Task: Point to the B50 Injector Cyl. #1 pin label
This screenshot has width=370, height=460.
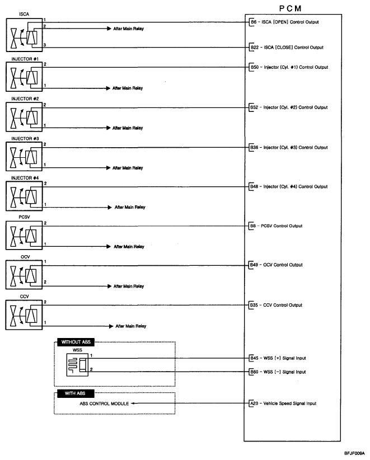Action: click(x=289, y=67)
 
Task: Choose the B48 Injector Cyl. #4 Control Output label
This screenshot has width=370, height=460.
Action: click(x=289, y=186)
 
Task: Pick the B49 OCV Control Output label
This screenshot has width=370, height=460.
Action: click(x=276, y=265)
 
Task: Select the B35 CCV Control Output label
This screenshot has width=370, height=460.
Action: click(x=276, y=306)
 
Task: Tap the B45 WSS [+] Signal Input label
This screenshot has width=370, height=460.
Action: click(x=278, y=358)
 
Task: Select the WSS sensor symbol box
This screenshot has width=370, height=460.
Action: click(x=76, y=365)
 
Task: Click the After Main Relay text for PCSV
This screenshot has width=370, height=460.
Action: click(x=129, y=246)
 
